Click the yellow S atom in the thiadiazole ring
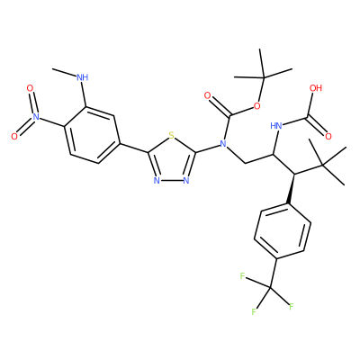pyautogui.click(x=171, y=136)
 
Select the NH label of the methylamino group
pyautogui.click(x=83, y=77)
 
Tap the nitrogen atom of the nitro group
pyautogui.click(x=36, y=117)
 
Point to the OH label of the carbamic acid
pyautogui.click(x=316, y=88)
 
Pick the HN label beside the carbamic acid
pyautogui.click(x=276, y=126)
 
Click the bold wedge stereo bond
pyautogui.click(x=292, y=189)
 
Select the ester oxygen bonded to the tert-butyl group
pyautogui.click(x=256, y=105)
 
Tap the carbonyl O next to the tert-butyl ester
pyautogui.click(x=207, y=95)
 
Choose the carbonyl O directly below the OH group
pyautogui.click(x=328, y=137)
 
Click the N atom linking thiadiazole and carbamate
pyautogui.click(x=222, y=144)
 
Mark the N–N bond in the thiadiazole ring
pyautogui.click(x=171, y=180)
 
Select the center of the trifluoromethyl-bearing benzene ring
pyautogui.click(x=283, y=231)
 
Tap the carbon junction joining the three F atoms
pyautogui.click(x=270, y=288)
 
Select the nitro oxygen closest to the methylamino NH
pyautogui.click(x=30, y=88)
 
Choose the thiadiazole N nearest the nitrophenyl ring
pyautogui.click(x=156, y=180)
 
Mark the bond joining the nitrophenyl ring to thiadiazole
pyautogui.click(x=134, y=148)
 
